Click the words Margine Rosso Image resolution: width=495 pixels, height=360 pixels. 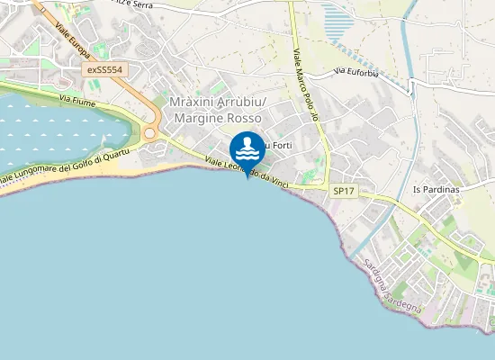coord(215,118)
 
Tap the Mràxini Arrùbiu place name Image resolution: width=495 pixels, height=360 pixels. coord(215,103)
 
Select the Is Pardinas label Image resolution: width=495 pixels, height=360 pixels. coord(436,190)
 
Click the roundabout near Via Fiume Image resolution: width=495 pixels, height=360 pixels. coord(150,133)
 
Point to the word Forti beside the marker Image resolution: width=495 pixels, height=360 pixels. coord(282,145)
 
